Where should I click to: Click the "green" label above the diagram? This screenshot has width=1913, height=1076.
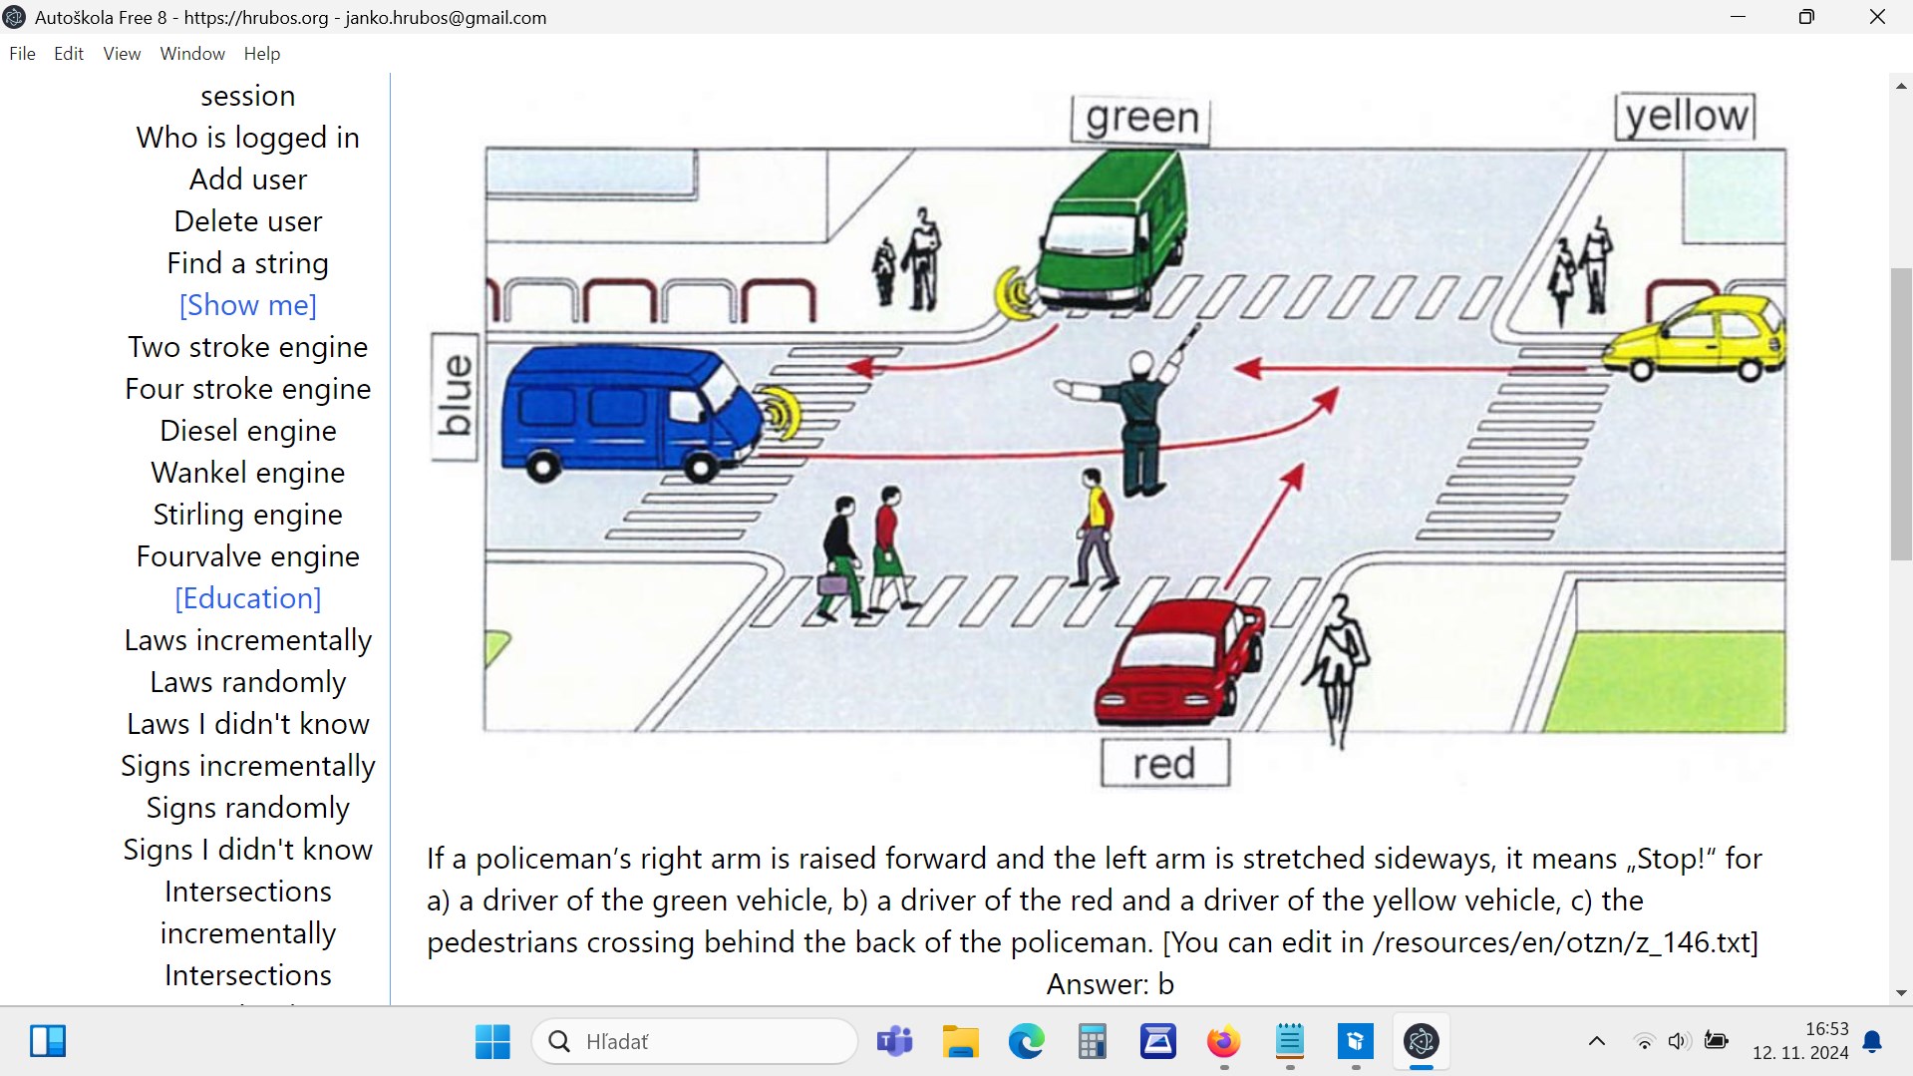[x=1140, y=119]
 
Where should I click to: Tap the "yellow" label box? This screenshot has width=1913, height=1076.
[x=1685, y=116]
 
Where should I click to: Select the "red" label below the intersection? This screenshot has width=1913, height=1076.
[x=1164, y=764]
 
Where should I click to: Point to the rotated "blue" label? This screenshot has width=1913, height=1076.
[x=455, y=397]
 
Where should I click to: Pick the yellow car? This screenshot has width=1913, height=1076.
[x=1695, y=337]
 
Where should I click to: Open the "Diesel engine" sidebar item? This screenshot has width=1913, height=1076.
[x=248, y=431]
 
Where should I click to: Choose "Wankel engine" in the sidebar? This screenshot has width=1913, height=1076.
[x=248, y=473]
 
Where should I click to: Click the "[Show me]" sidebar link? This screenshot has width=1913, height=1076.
[x=248, y=305]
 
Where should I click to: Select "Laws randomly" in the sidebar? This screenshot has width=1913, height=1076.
[x=248, y=682]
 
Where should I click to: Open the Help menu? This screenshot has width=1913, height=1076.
[x=262, y=54]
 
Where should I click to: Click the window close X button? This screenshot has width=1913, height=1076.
[x=1877, y=17]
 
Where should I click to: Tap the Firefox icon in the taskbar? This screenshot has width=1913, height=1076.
[x=1223, y=1042]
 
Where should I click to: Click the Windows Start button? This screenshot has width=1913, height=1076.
[x=492, y=1042]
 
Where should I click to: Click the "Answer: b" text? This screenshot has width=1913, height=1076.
[x=1110, y=984]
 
